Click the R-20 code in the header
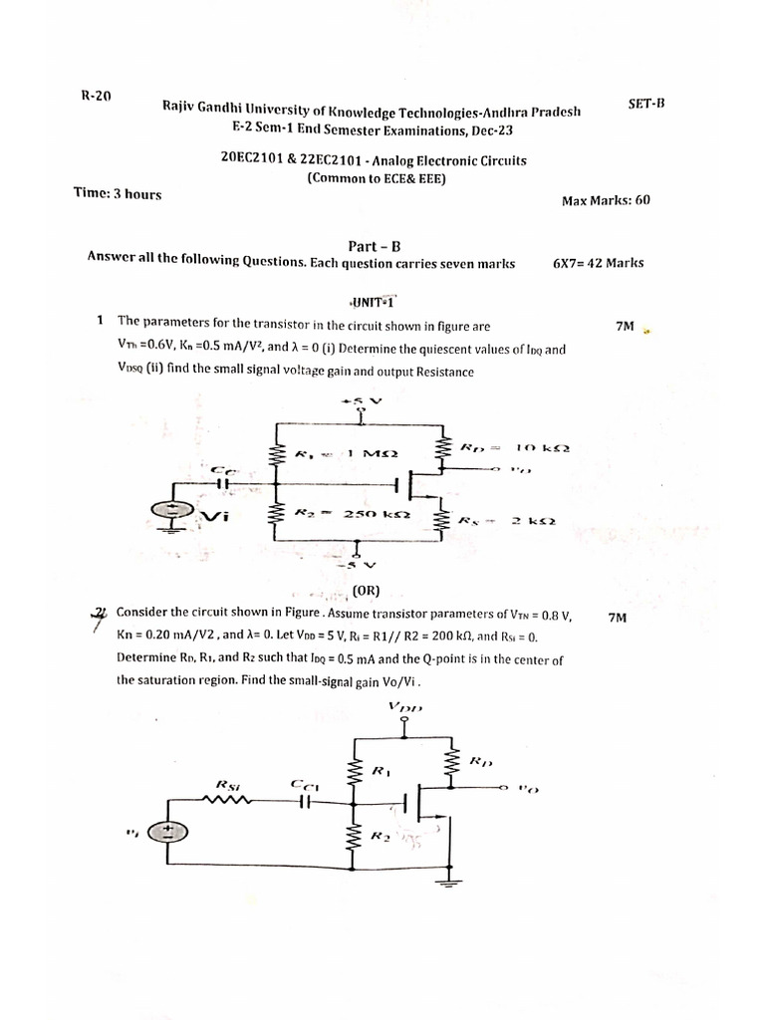(x=96, y=97)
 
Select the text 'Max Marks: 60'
(x=606, y=200)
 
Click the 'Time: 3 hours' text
(x=118, y=194)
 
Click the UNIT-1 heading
(x=373, y=301)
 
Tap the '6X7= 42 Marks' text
(x=598, y=264)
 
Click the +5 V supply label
(x=361, y=401)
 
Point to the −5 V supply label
(x=357, y=565)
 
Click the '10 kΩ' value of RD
(x=541, y=448)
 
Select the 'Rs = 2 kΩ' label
(x=507, y=520)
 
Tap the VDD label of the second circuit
(x=406, y=708)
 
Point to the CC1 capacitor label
(x=305, y=785)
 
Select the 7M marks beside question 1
(x=626, y=326)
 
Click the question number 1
(x=101, y=321)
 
